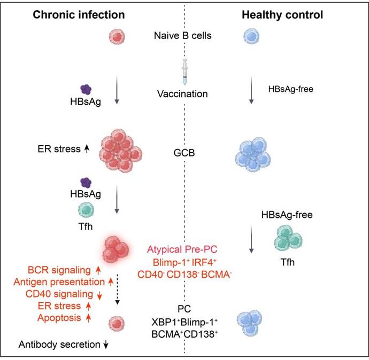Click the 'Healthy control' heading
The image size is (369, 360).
(x=282, y=15)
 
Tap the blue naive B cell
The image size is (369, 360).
(x=251, y=37)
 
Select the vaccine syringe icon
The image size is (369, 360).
(x=184, y=72)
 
